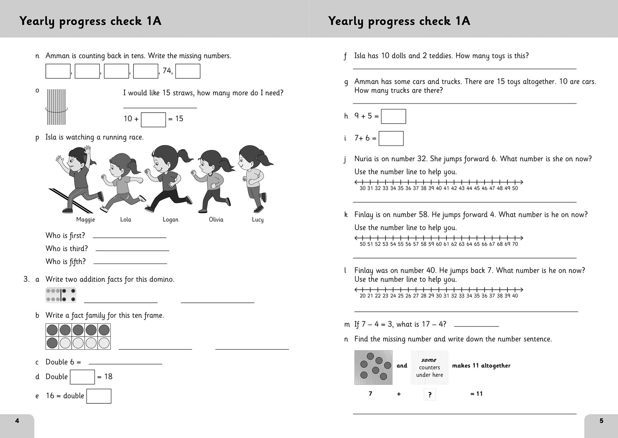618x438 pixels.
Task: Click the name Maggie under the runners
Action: pos(85,220)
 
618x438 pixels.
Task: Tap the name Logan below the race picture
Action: pos(171,220)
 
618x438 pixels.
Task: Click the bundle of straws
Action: pos(56,107)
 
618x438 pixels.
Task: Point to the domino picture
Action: pos(61,295)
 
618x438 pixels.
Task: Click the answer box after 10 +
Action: pos(153,120)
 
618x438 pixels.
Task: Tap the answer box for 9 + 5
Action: pos(393,116)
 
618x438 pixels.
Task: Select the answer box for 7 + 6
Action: pos(391,139)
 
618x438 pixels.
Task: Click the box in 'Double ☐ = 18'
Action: pos(82,377)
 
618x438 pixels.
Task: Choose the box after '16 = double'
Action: pos(99,396)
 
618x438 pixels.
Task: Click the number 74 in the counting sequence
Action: pos(167,71)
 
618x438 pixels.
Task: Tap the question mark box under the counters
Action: pos(430,395)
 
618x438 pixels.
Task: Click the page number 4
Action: pos(17,421)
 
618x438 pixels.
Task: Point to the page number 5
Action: pos(602,421)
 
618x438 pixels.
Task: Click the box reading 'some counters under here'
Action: pos(429,367)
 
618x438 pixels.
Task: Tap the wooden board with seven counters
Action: pos(373,367)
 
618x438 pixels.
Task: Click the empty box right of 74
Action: pos(188,71)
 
